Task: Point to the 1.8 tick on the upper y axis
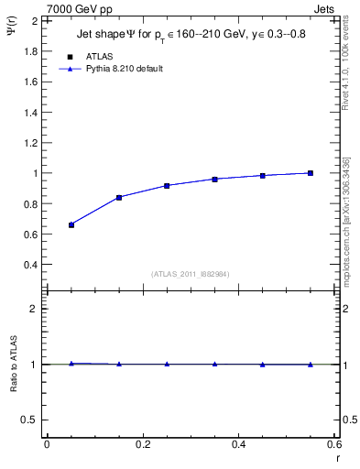tap(30, 50)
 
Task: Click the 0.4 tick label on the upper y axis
tap(30, 265)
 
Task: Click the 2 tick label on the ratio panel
tap(34, 309)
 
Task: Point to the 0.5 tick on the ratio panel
tap(30, 420)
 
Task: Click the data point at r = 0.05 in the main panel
tap(71, 224)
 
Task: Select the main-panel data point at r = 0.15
tap(119, 197)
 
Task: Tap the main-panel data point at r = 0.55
tap(311, 173)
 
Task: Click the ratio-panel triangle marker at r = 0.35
tap(215, 364)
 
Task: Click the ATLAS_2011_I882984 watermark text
tap(190, 274)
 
